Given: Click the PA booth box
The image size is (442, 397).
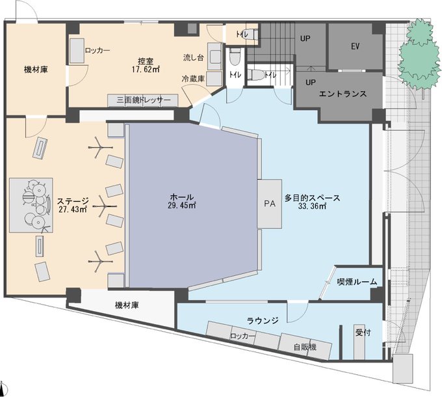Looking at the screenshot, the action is tap(270, 204).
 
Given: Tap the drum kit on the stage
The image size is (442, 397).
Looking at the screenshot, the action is tap(37, 204).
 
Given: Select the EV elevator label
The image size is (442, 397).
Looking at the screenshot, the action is tap(355, 46).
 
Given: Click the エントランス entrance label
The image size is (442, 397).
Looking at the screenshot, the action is tap(343, 94).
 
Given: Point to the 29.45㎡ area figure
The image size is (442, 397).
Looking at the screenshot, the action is tap(181, 206).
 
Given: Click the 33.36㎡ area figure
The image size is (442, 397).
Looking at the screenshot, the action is tap(312, 206).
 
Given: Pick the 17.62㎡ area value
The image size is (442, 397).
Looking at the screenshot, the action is tap(146, 70).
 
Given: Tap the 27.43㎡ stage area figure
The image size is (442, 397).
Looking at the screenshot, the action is tap(73, 210).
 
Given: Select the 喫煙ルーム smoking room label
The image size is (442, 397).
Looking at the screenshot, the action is tap(357, 282).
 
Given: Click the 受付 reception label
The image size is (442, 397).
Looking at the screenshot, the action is tap(363, 333).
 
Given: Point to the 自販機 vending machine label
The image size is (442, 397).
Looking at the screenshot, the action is tap(305, 347).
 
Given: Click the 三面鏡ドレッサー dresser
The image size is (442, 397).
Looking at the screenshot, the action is tap(143, 100).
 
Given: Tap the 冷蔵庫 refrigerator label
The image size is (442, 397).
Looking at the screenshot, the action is tap(193, 79).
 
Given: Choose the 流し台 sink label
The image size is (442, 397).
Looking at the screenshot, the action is tap(194, 58).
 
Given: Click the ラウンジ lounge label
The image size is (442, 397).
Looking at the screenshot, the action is tap(263, 321).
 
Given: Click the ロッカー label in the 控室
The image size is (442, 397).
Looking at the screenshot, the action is tap(97, 51).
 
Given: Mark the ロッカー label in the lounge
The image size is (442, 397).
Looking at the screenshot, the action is tap(242, 336).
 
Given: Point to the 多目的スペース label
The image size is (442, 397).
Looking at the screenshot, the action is tap(312, 198).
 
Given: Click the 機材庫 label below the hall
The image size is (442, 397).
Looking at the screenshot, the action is tap(127, 305).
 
